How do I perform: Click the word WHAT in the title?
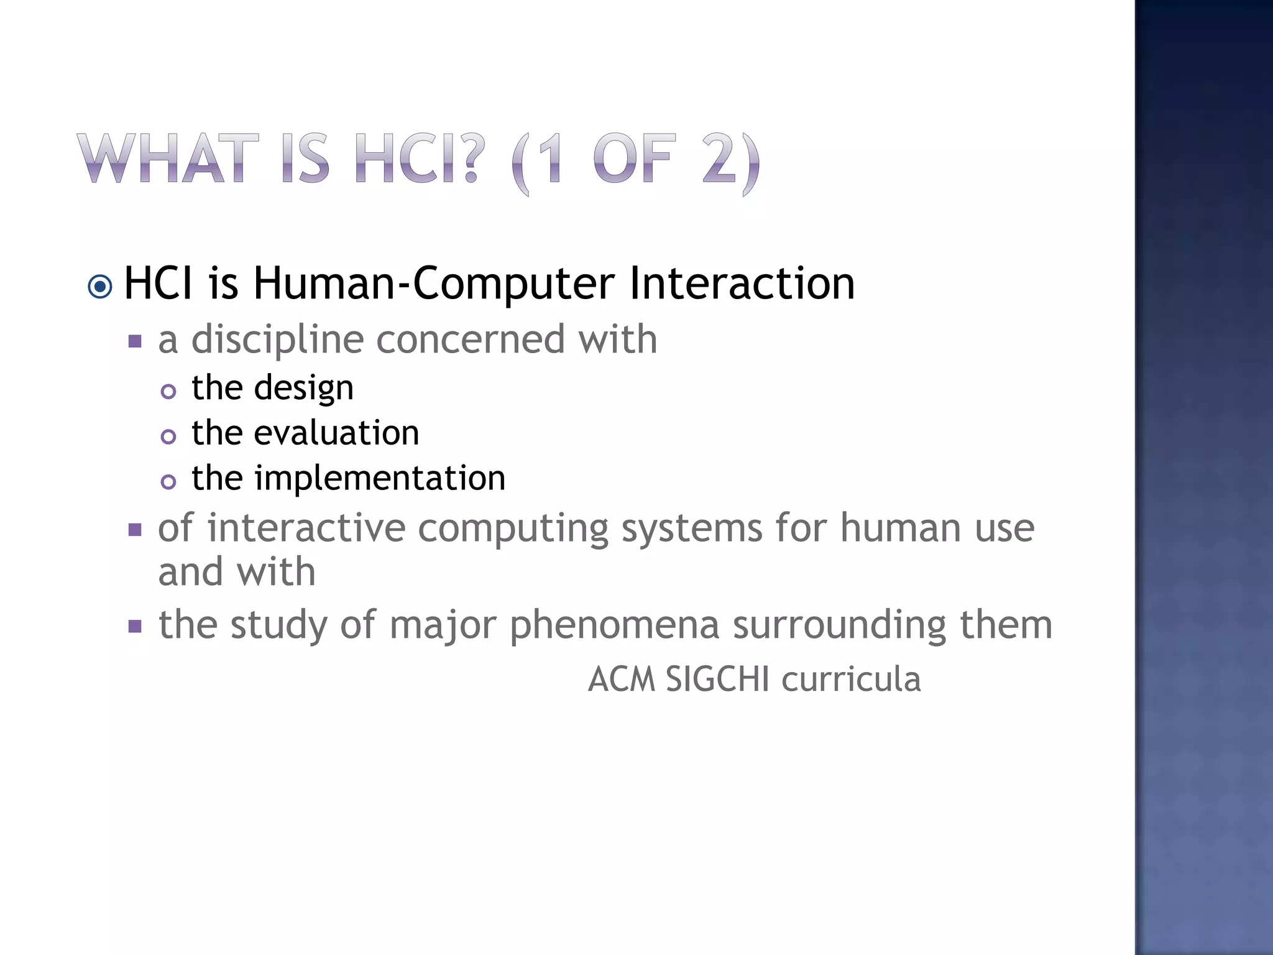pos(168,159)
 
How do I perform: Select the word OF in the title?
pos(634,159)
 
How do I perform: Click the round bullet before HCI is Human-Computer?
pos(100,287)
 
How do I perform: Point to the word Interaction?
pos(742,284)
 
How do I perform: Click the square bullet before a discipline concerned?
pos(135,341)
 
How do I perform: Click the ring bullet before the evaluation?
pos(168,436)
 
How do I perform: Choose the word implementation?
pos(380,479)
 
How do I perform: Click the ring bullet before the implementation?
pos(168,482)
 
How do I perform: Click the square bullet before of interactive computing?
pos(135,530)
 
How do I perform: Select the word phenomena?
pos(614,625)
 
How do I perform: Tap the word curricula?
pos(851,679)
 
